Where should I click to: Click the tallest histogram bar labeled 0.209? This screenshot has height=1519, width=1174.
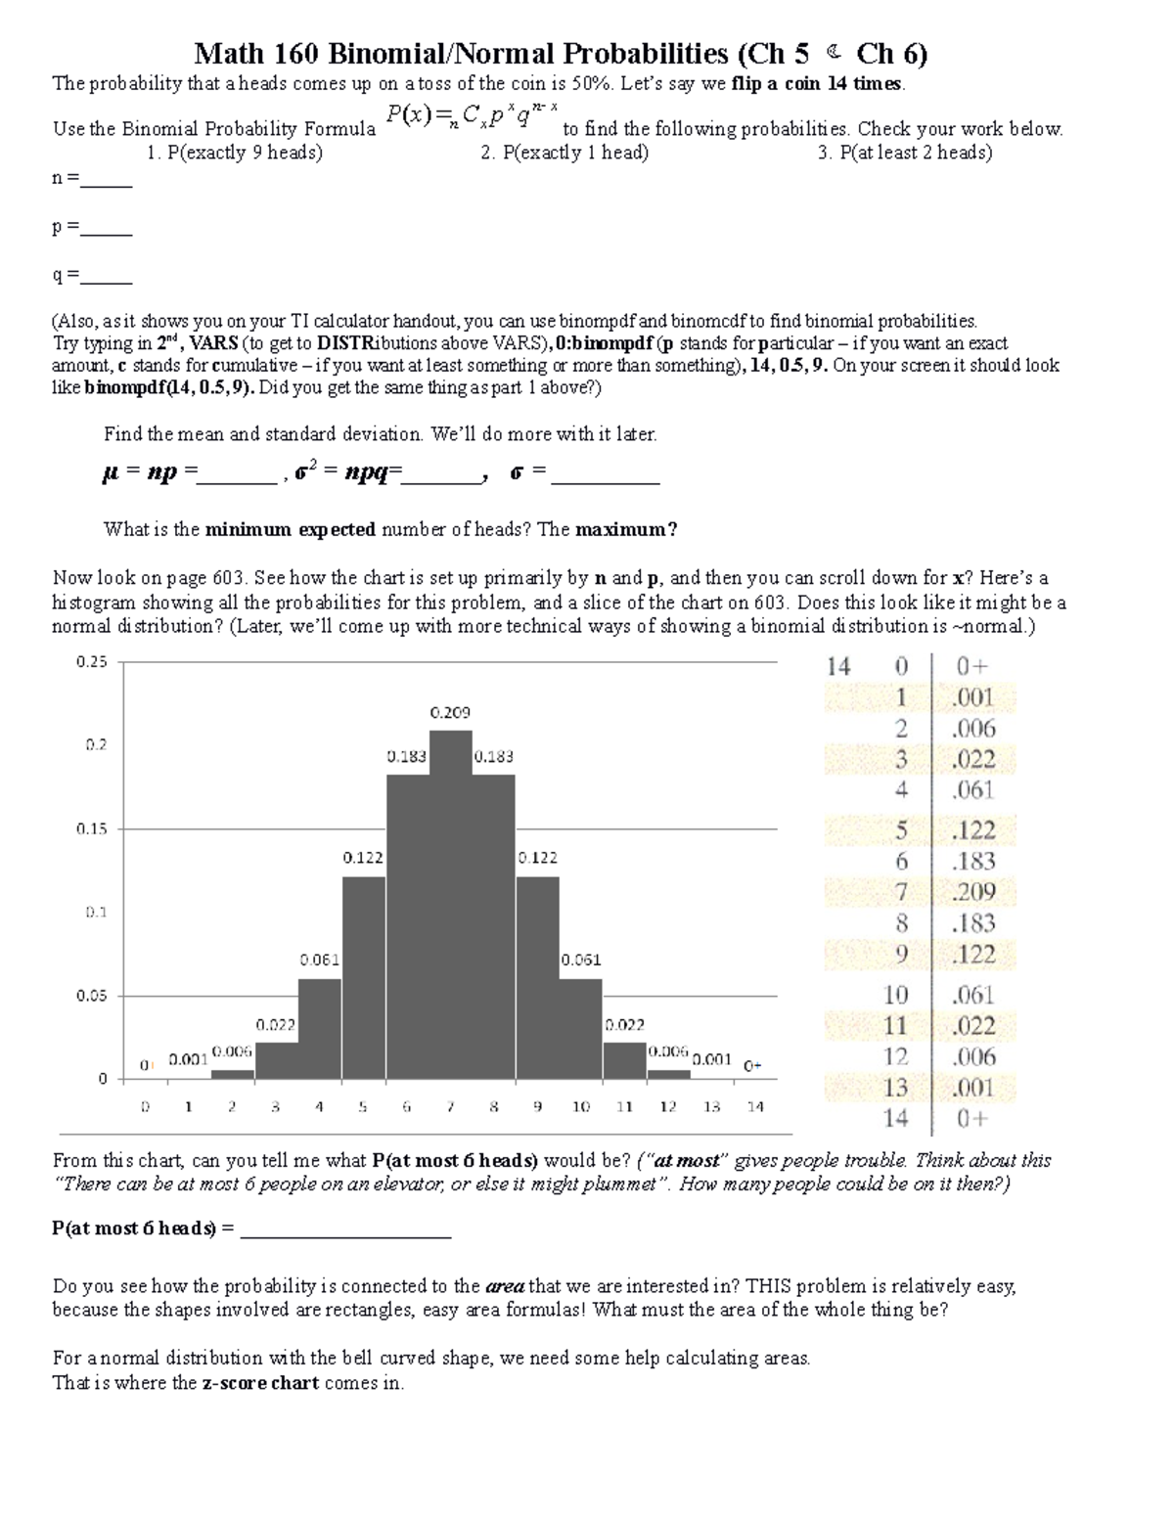[451, 905]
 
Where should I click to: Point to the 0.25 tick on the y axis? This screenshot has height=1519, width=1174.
[92, 662]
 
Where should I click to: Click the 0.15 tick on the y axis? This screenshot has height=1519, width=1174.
[92, 828]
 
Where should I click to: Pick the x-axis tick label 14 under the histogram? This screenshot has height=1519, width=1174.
[755, 1107]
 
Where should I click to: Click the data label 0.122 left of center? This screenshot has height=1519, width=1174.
[362, 857]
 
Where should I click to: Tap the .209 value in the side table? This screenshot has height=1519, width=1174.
[973, 892]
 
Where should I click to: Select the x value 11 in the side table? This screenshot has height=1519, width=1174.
[896, 1026]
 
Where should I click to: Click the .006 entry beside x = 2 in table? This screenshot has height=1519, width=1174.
[973, 729]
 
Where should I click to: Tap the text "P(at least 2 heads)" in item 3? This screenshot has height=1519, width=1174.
[915, 153]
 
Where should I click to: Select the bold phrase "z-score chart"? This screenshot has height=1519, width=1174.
[260, 1384]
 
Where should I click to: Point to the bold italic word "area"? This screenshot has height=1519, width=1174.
[505, 1286]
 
